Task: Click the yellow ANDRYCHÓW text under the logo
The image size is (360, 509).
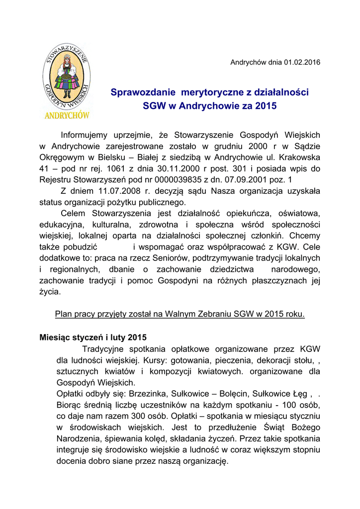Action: point(67,115)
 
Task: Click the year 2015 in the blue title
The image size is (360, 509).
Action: point(266,106)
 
